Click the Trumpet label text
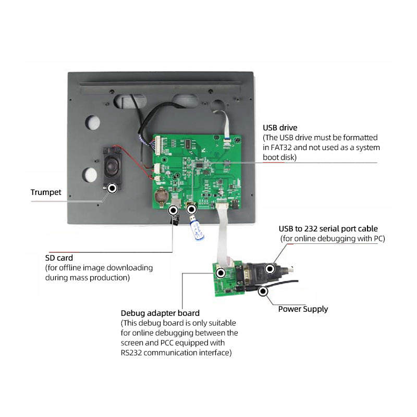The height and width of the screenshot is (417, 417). (46, 192)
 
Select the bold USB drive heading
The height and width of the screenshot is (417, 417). (280, 127)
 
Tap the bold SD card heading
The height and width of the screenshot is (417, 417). (59, 257)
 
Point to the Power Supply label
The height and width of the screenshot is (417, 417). (303, 309)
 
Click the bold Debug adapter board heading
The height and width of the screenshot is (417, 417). (160, 313)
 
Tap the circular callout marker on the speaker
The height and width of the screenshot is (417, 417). (112, 188)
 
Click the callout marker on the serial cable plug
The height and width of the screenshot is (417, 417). (269, 269)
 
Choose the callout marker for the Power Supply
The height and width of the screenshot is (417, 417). (263, 291)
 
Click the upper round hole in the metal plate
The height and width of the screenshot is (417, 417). (92, 121)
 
